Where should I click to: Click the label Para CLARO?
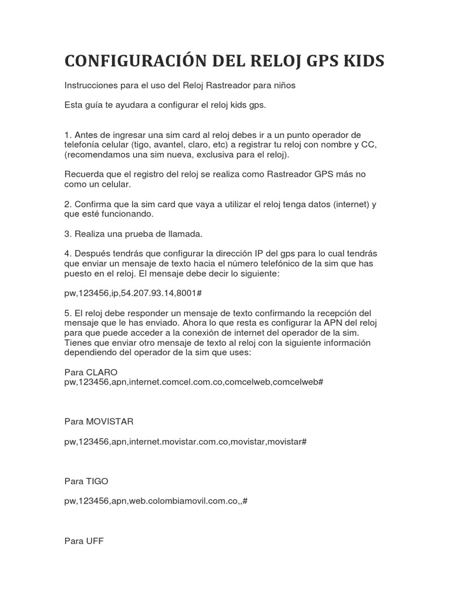point(91,372)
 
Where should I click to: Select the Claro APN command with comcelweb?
point(194,382)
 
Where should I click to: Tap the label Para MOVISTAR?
point(99,421)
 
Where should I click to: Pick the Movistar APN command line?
point(186,441)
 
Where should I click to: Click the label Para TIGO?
point(86,481)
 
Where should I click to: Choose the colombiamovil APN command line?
point(156,501)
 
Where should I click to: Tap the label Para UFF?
point(84,541)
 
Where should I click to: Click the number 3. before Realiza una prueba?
point(68,234)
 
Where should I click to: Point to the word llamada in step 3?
point(184,234)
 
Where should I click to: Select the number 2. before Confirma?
point(68,204)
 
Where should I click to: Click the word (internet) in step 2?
point(348,204)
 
